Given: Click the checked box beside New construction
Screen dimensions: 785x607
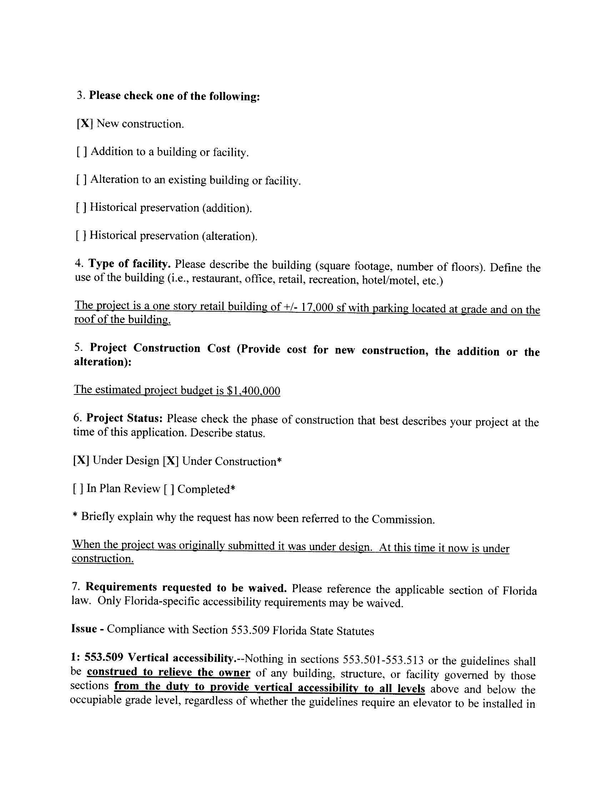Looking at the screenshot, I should click(85, 124).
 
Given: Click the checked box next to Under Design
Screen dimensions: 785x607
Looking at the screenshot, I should click(81, 461).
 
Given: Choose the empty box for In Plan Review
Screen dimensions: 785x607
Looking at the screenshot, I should click(79, 488).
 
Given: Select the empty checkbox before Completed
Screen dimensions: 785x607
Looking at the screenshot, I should click(169, 489).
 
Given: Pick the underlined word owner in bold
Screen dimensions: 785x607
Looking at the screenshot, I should click(235, 673).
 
